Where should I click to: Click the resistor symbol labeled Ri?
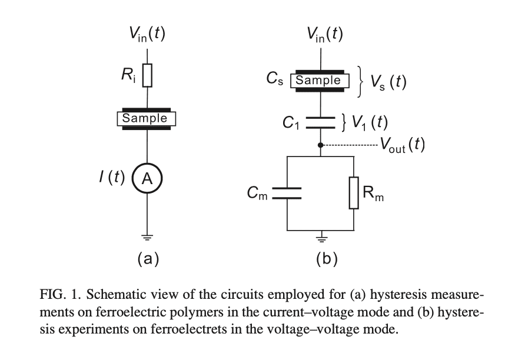click(147, 75)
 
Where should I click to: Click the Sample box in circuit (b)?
click(318, 81)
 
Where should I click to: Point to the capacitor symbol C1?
click(320, 122)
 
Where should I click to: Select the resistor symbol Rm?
click(354, 193)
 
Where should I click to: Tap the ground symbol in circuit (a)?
click(147, 238)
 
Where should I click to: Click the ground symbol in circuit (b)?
click(320, 238)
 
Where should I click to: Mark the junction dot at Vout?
click(320, 145)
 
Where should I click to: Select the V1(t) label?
click(370, 122)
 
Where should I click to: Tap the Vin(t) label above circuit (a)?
click(147, 35)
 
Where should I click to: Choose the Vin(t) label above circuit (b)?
click(324, 35)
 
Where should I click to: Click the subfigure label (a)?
click(148, 258)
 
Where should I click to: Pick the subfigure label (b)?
click(325, 258)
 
